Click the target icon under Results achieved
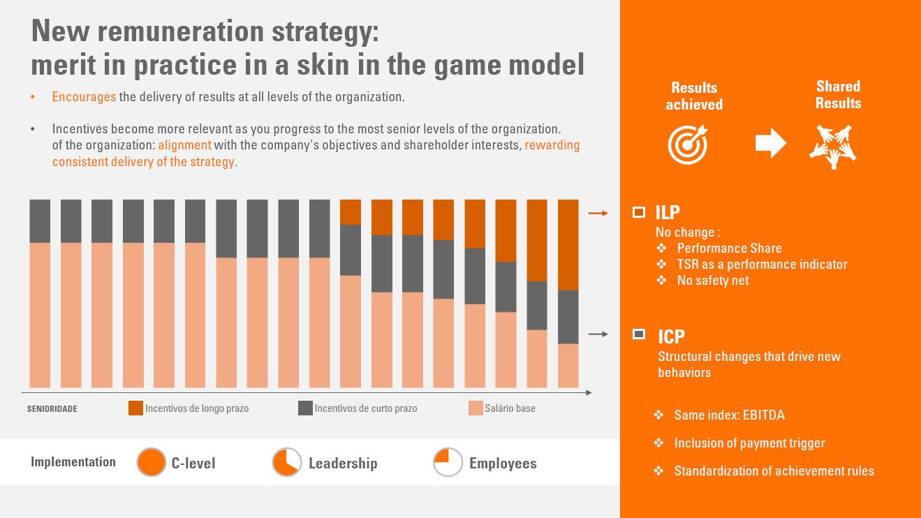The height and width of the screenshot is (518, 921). [x=687, y=144]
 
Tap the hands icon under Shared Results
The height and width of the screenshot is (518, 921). [x=832, y=145]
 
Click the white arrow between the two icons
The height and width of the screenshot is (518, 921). [x=770, y=143]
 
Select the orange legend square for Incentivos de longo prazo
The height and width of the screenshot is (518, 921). [x=135, y=408]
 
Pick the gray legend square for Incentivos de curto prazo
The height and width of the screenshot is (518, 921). [x=305, y=408]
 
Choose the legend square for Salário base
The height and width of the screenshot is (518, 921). [x=476, y=408]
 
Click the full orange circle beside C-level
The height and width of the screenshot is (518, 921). [x=151, y=462]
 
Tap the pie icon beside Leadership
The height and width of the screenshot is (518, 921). [x=286, y=462]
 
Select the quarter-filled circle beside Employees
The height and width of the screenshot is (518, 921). [x=448, y=462]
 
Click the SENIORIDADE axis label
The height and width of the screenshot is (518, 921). [x=52, y=409]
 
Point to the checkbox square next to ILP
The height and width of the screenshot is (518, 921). [x=638, y=212]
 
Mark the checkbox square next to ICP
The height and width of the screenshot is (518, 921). [x=638, y=334]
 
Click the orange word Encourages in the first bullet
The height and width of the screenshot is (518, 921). [x=84, y=97]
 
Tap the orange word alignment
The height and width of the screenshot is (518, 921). [x=184, y=145]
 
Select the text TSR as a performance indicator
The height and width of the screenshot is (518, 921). [x=762, y=265]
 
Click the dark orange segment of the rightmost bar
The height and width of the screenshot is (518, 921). [x=568, y=244]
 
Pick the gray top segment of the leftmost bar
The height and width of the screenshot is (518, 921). [x=40, y=221]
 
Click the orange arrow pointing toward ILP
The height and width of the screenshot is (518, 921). [x=598, y=213]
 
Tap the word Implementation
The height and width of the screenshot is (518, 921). [x=73, y=462]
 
